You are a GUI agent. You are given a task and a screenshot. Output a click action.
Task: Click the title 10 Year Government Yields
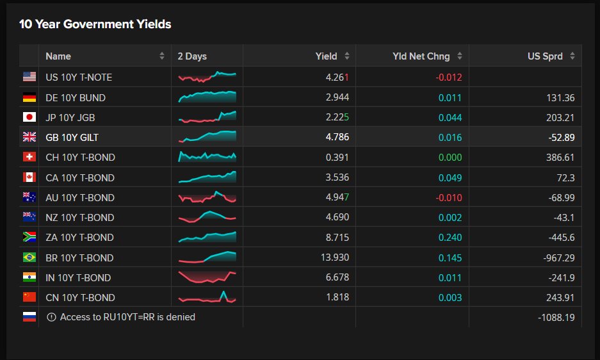(x=95, y=24)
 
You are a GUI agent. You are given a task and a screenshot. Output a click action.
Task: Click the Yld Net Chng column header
(x=421, y=56)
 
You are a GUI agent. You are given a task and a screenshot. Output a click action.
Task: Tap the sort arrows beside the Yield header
(x=346, y=56)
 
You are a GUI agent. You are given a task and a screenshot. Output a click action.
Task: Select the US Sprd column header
(x=545, y=56)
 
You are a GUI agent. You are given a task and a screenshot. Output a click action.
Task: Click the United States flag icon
(x=29, y=77)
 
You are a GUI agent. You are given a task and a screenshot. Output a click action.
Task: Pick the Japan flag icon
(x=29, y=117)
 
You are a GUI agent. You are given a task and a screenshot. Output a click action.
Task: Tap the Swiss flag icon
(x=29, y=157)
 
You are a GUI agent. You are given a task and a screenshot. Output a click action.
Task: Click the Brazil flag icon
(x=29, y=257)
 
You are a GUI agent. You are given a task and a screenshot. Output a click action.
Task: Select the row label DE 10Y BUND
(x=76, y=97)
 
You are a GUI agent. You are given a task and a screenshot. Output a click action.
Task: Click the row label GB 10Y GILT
(x=72, y=138)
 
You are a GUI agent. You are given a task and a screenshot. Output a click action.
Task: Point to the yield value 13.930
(x=335, y=258)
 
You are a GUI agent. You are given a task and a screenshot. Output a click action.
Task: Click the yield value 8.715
(x=337, y=238)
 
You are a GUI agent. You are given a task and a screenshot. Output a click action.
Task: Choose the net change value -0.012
(x=449, y=78)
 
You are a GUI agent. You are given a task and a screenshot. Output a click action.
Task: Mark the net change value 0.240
(x=450, y=238)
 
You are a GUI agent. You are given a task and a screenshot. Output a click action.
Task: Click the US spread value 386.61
(x=560, y=158)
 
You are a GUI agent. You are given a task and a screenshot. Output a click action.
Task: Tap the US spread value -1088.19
(x=556, y=318)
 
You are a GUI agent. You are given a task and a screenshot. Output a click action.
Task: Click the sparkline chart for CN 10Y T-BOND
(x=207, y=297)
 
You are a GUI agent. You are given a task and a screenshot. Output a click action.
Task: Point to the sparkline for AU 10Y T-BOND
(x=207, y=197)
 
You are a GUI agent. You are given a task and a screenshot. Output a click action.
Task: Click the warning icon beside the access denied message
(x=51, y=317)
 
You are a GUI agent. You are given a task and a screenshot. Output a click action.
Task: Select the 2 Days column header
(x=192, y=56)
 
